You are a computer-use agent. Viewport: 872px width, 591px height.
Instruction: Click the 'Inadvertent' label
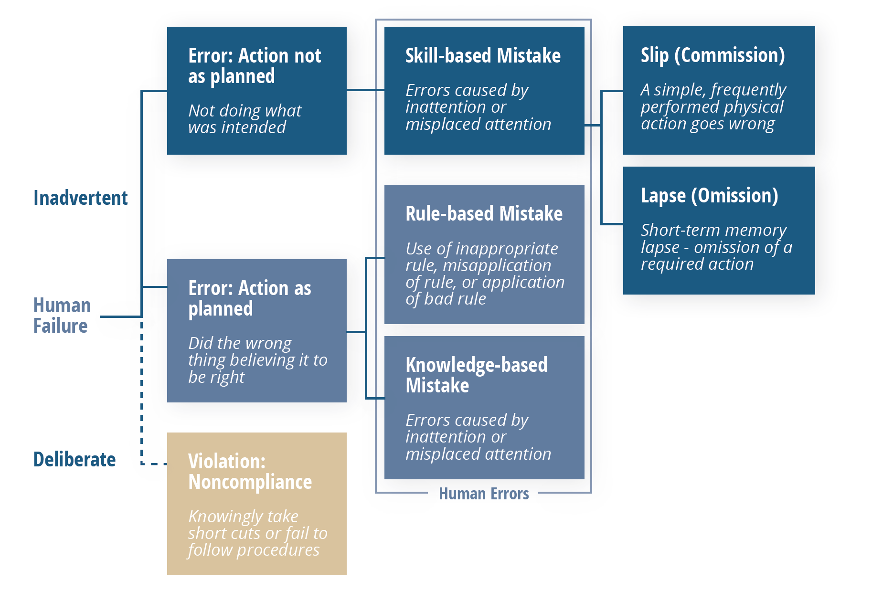click(80, 198)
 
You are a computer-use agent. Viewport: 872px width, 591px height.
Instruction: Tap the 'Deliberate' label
click(74, 459)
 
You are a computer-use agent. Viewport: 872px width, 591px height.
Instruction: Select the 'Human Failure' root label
click(62, 316)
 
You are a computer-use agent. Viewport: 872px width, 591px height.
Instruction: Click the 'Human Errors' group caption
click(483, 493)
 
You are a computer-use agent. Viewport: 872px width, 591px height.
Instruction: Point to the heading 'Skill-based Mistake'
click(483, 56)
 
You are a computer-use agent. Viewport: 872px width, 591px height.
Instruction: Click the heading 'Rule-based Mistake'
click(484, 213)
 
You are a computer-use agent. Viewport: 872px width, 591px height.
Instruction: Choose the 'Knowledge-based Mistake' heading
click(476, 375)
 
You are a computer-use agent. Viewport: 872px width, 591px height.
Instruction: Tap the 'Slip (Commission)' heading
click(712, 55)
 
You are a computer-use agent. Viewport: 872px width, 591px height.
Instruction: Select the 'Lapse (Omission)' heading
click(709, 196)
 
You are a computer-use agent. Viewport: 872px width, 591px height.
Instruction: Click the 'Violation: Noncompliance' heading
click(250, 472)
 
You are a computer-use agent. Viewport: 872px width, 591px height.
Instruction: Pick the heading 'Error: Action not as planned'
click(255, 66)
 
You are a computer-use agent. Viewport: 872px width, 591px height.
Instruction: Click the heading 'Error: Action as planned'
click(249, 298)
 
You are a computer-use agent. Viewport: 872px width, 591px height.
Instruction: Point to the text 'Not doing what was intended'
click(245, 119)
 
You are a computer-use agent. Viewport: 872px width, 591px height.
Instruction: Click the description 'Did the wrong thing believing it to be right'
click(257, 360)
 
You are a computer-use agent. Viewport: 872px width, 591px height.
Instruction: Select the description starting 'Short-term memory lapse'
click(716, 247)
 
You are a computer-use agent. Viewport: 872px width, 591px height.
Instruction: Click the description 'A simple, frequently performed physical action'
click(713, 106)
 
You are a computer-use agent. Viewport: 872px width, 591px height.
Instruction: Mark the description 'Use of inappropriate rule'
click(484, 274)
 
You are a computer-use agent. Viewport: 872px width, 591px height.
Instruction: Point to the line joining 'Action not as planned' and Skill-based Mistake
click(365, 90)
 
